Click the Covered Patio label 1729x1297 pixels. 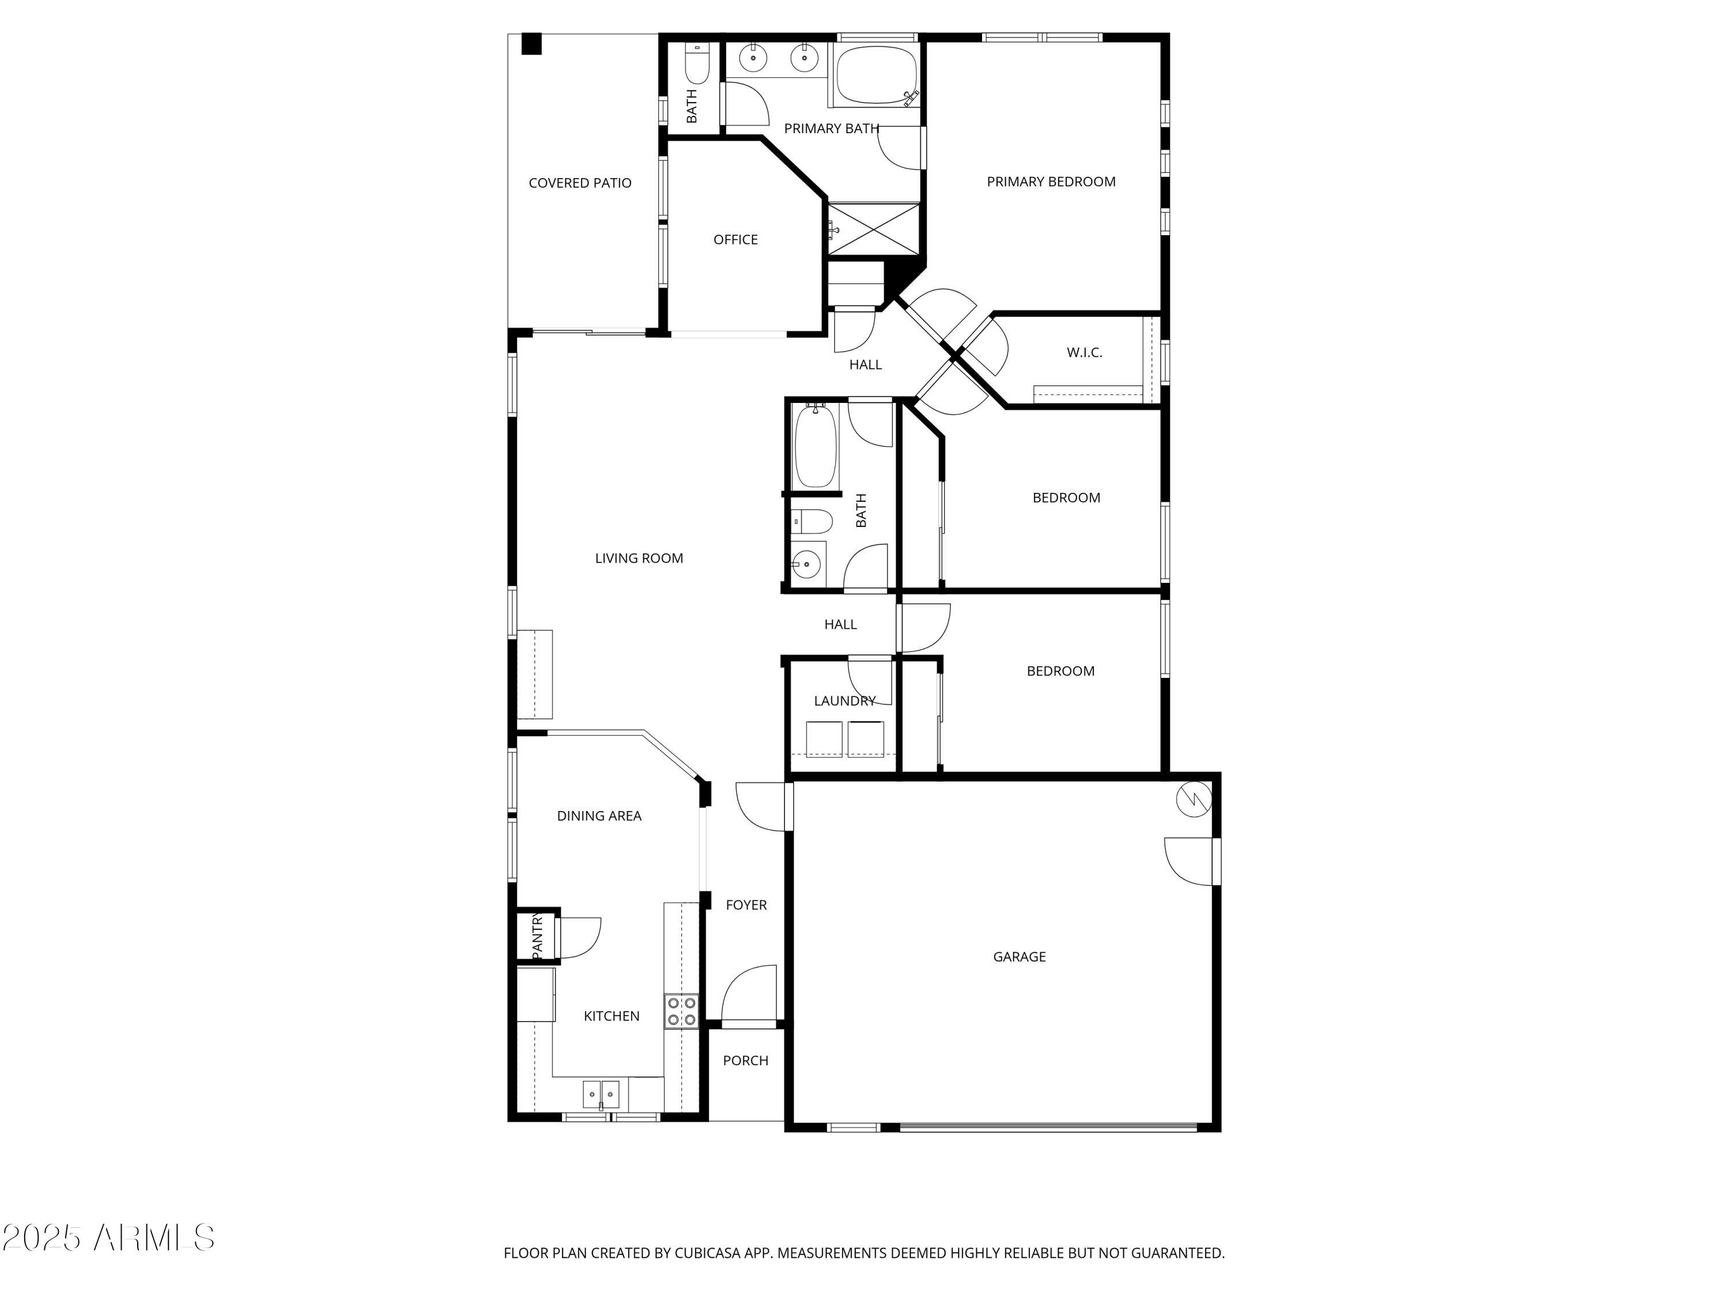coord(579,183)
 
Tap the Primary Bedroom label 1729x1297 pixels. coord(1051,182)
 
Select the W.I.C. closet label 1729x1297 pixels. coord(1084,353)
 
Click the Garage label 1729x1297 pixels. coord(1018,956)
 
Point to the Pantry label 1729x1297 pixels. coord(537,936)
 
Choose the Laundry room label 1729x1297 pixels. coord(844,700)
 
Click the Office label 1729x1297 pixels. coord(735,239)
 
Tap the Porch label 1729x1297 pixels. coord(745,1060)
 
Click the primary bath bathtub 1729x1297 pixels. coord(875,76)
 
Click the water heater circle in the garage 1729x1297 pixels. coord(1194,799)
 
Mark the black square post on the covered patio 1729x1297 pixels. coord(531,44)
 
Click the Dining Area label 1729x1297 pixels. coord(599,816)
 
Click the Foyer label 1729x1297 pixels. coord(746,904)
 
